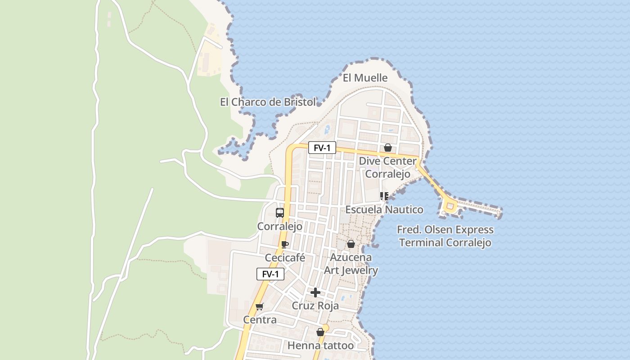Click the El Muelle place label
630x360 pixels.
pos(365,78)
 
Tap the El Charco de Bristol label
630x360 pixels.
pos(268,102)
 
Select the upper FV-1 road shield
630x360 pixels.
pos(322,148)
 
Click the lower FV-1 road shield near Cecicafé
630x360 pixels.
pos(270,274)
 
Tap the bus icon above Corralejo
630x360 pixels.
pos(279,212)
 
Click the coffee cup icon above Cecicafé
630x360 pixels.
pos(284,244)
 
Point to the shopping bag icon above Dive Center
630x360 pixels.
pos(387,148)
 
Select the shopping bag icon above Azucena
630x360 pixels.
pos(351,244)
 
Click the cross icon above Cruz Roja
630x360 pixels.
pos(315,292)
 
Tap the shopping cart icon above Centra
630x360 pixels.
pos(259,307)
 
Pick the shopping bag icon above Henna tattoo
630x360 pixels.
pos(320,332)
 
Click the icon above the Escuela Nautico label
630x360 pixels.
pos(384,196)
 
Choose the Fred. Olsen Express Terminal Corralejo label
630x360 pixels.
pos(445,236)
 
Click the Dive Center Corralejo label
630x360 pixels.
pos(387,167)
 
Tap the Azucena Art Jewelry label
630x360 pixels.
pos(351,264)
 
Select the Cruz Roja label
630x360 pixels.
pos(315,306)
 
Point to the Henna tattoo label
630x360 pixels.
pos(320,346)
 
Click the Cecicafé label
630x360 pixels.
pos(285,258)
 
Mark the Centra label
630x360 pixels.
pos(260,320)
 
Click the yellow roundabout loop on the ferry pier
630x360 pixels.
pos(450,207)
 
